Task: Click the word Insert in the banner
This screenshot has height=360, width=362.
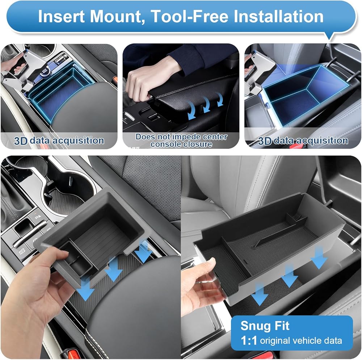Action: tap(61, 16)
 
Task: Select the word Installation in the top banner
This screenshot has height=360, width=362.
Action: tap(278, 16)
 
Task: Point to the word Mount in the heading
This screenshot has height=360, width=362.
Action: tap(117, 17)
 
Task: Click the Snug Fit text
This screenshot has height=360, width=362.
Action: tap(265, 326)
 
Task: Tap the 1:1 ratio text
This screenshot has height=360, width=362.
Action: tap(248, 340)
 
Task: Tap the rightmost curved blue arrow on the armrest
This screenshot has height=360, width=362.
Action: tap(220, 99)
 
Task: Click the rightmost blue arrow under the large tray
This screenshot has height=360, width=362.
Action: tap(319, 258)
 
